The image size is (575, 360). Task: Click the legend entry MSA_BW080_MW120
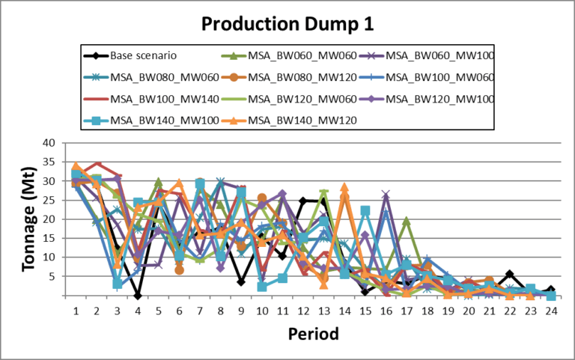point(293,76)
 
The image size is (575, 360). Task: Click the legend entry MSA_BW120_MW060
point(293,98)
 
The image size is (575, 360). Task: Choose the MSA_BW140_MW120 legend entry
point(293,120)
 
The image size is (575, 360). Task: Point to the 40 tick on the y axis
point(50,143)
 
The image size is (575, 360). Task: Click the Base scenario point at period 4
point(138,296)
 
